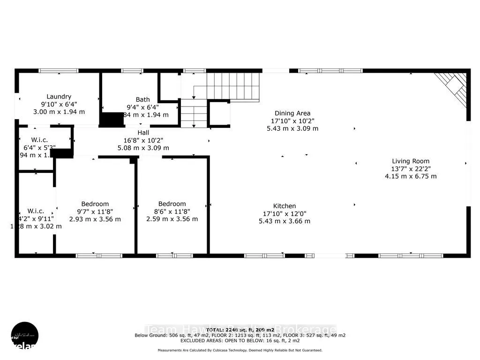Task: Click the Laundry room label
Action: (59, 97)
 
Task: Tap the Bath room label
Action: (143, 99)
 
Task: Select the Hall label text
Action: (143, 133)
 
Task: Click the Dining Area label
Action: (292, 113)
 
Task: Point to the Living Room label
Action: (411, 161)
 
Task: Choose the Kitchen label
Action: (285, 206)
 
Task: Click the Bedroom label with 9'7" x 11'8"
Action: (95, 204)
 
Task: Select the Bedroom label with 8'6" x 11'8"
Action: (172, 204)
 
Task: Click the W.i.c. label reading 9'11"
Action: (36, 211)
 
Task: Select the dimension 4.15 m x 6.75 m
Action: (411, 176)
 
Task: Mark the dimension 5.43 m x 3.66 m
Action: (285, 221)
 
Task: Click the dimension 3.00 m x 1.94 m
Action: (59, 112)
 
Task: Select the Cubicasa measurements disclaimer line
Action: (240, 350)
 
